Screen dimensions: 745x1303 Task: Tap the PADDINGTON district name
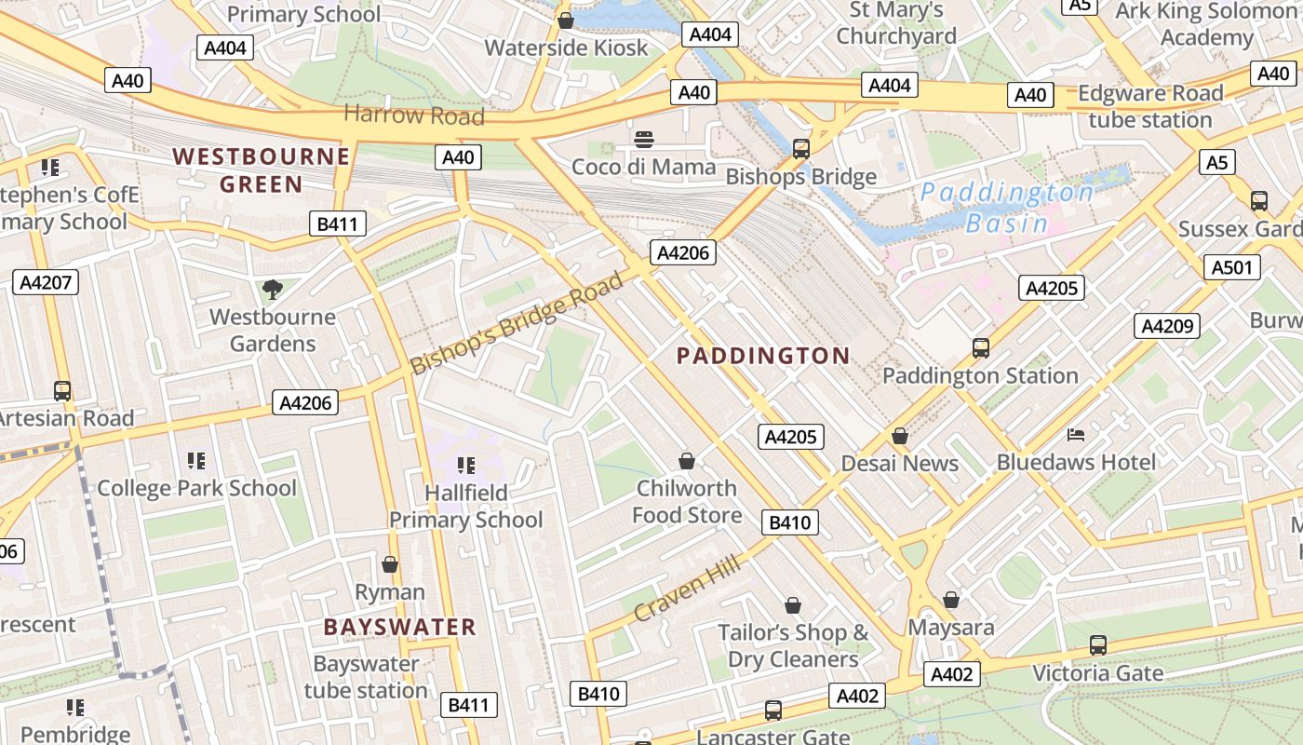click(x=763, y=356)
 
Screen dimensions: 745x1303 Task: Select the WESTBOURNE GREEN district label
click(x=262, y=169)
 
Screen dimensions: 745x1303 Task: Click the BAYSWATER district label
click(x=400, y=627)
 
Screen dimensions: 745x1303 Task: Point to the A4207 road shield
click(x=45, y=282)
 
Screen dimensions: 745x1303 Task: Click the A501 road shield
click(x=1233, y=268)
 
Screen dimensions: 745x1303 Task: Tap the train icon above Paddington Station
click(x=980, y=348)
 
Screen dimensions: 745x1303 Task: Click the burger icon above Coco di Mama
click(x=644, y=141)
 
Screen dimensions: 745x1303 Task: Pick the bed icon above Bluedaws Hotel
click(x=1076, y=435)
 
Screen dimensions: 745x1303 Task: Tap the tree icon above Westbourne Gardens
click(x=272, y=290)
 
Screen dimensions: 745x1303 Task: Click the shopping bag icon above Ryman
click(x=390, y=564)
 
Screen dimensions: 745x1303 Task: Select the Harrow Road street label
click(x=414, y=115)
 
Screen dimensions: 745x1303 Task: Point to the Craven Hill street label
click(x=687, y=588)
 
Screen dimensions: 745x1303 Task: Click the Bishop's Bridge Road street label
click(x=517, y=323)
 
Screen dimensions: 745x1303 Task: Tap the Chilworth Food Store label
click(x=687, y=501)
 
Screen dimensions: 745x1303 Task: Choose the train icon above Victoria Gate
click(x=1097, y=644)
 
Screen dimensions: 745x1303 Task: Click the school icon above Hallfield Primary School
click(x=466, y=465)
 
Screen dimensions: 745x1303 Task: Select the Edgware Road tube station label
click(x=1150, y=106)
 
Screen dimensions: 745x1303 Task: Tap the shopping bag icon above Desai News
click(x=900, y=436)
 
